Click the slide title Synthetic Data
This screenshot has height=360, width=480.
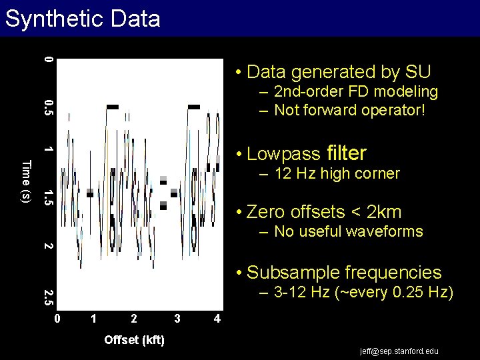tap(83, 19)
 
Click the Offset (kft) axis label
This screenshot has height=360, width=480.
tap(135, 340)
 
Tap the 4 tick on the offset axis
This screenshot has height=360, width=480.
tap(217, 319)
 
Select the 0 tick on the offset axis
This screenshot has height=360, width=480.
tap(58, 319)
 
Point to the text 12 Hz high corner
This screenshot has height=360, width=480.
tap(337, 174)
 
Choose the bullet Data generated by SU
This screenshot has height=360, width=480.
tap(337, 71)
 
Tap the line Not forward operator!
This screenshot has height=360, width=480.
tap(349, 110)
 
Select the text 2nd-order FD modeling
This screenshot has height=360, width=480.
tap(355, 91)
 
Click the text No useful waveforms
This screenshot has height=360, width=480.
tap(348, 231)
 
